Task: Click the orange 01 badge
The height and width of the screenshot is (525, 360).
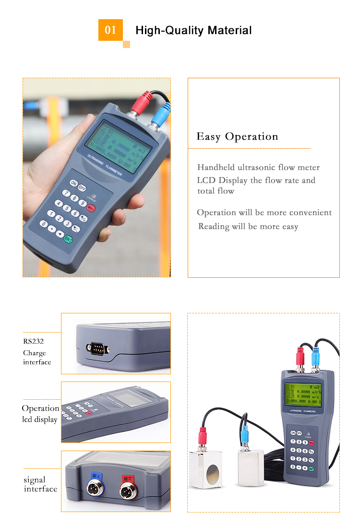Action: [x=110, y=30]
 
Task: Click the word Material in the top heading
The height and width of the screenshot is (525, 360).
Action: [x=229, y=31]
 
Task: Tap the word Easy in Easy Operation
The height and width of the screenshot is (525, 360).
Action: [x=208, y=137]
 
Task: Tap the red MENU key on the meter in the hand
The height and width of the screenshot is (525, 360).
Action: [x=91, y=208]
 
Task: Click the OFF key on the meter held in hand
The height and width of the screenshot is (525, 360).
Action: [x=83, y=188]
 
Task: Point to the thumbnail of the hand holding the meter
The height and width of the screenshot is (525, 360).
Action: [x=96, y=178]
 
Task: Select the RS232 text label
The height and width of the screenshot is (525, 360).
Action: [x=34, y=342]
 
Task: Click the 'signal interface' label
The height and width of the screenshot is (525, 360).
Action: [x=40, y=484]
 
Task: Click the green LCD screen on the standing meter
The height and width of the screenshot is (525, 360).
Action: [x=302, y=395]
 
